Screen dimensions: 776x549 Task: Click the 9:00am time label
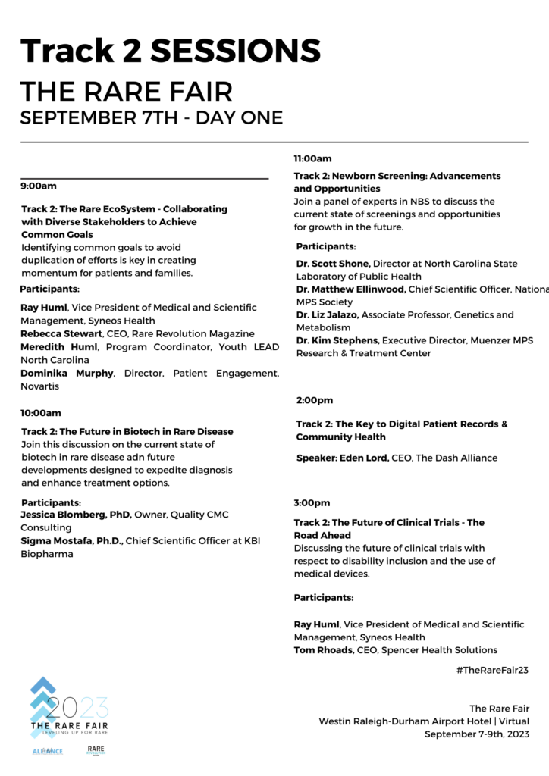coord(39,186)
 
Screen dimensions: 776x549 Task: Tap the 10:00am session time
coord(42,413)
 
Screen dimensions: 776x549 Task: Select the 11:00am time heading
coord(312,159)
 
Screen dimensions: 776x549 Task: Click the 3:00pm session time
coord(312,502)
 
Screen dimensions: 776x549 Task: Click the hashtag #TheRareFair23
coord(492,670)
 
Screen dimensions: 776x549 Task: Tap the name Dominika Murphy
coord(66,374)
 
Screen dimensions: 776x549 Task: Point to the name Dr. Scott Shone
coord(331,264)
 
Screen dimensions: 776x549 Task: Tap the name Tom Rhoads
coord(325,650)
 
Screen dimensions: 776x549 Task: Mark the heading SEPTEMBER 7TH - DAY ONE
coord(152,118)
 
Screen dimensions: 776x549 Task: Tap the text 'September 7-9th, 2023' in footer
coord(477,734)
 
